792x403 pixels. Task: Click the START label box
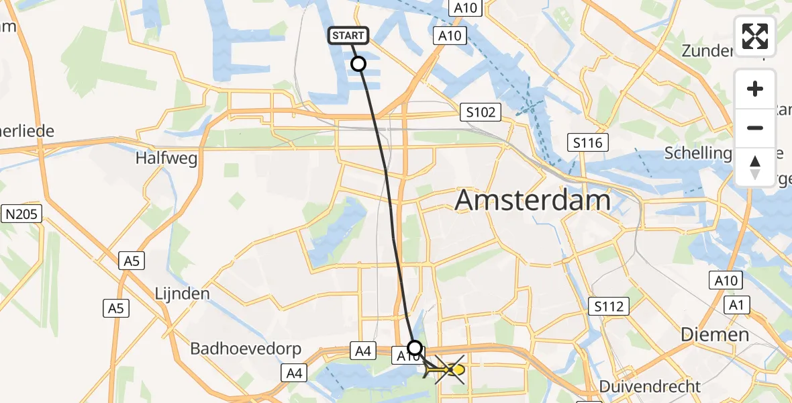click(348, 36)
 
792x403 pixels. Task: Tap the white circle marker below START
click(358, 64)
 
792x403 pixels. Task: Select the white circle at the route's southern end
click(415, 347)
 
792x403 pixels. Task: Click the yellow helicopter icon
click(448, 369)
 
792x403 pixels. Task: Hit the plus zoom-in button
click(755, 89)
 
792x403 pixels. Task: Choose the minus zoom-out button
click(755, 128)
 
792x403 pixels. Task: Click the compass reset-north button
click(755, 167)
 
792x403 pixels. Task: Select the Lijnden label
click(182, 294)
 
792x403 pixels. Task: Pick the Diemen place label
click(714, 334)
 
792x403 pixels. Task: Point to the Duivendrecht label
click(650, 386)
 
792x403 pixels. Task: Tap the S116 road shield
click(587, 142)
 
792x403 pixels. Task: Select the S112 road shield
click(608, 307)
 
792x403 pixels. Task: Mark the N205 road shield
click(22, 214)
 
